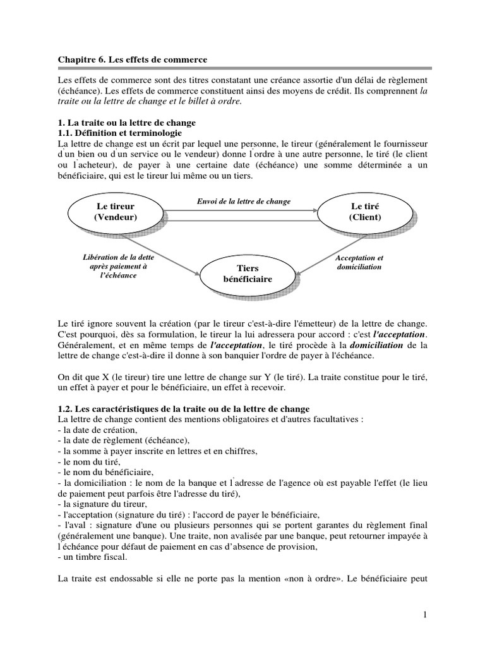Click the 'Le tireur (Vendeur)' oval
pyautogui.click(x=116, y=212)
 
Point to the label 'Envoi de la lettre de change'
pyautogui.click(x=244, y=201)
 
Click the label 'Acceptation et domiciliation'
pyautogui.click(x=359, y=262)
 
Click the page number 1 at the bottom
pyautogui.click(x=426, y=615)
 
